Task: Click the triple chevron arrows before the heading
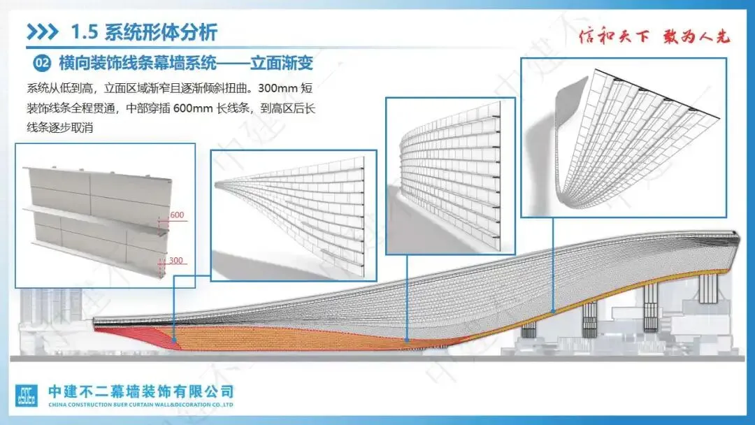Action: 43,32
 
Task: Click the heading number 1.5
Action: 85,32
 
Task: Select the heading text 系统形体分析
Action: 161,32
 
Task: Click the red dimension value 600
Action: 177,215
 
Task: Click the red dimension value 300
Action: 176,261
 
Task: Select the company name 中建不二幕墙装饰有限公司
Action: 140,391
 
